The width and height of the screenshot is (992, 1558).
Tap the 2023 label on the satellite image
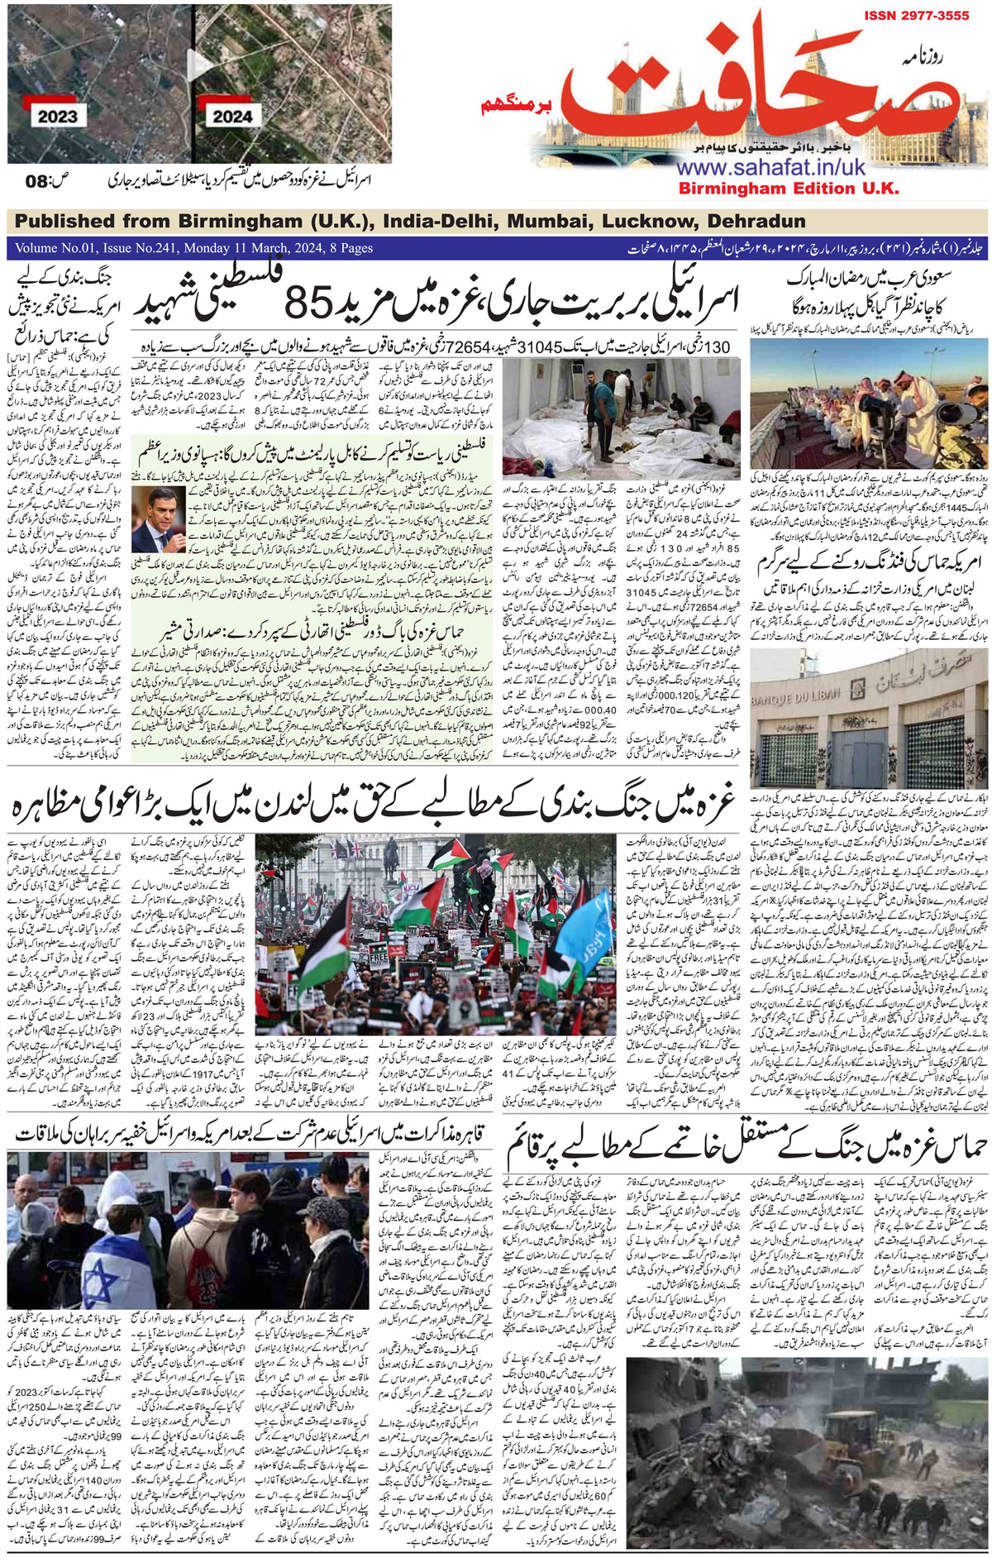56,117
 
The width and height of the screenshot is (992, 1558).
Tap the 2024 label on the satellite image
232,116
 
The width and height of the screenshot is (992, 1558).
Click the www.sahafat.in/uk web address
770,167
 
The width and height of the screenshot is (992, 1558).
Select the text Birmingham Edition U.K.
788,189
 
